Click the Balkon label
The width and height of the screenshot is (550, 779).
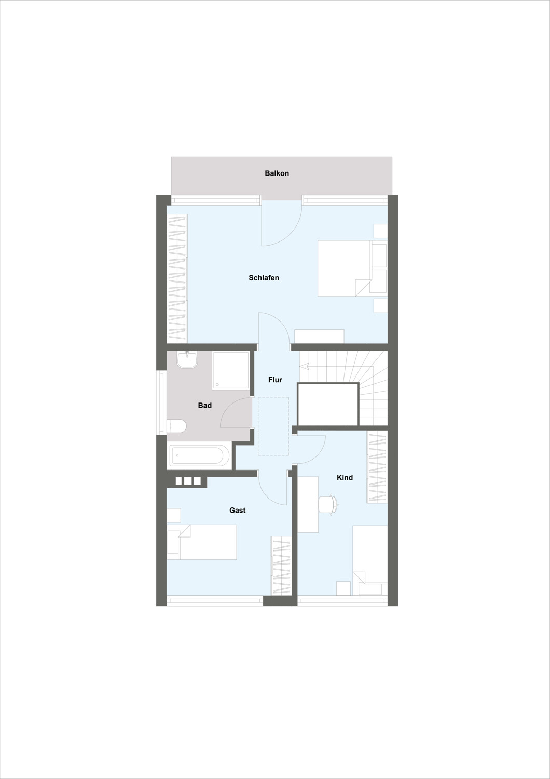click(277, 173)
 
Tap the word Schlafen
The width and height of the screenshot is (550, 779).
click(264, 278)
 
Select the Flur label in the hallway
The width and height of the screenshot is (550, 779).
click(275, 380)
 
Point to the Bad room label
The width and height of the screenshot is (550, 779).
click(204, 405)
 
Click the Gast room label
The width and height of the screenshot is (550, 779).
click(237, 510)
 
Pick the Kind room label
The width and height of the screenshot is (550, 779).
click(345, 477)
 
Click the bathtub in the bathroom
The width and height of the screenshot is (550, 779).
click(199, 455)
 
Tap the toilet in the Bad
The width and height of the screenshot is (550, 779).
click(176, 426)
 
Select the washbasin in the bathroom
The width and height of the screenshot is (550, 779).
click(187, 359)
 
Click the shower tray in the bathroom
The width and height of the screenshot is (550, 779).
click(231, 370)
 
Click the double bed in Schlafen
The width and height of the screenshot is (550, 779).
click(352, 268)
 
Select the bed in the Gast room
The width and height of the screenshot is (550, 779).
click(202, 542)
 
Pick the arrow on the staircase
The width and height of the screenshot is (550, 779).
click(305, 366)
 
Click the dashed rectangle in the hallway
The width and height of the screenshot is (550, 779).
click(273, 426)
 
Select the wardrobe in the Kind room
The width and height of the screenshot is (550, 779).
click(377, 467)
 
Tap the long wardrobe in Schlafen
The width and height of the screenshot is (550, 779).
click(177, 278)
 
